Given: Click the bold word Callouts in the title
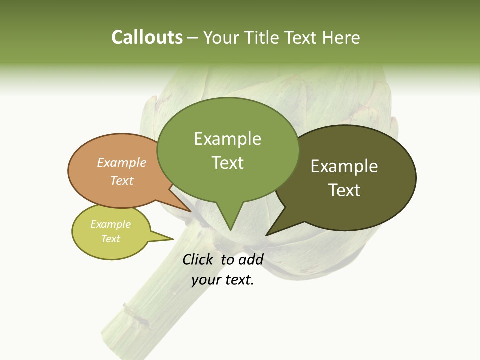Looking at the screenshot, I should pos(147,37).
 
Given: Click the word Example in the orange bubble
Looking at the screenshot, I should pos(122,162).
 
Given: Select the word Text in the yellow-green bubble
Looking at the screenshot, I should pos(111,239).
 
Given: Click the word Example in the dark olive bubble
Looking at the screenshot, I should pos(344,166).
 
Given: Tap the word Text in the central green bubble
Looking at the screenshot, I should pos(228,162).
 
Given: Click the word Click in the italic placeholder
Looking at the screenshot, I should pos(198,259).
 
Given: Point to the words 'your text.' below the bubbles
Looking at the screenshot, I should pos(223,280).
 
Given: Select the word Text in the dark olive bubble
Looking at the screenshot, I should pos(344,190).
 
